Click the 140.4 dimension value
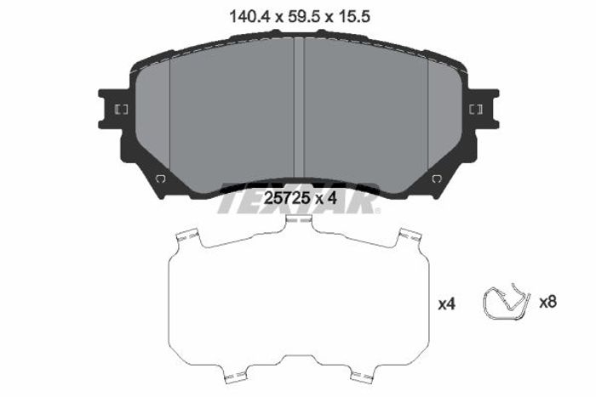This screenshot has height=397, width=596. (x=249, y=17)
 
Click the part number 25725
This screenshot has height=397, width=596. (x=287, y=198)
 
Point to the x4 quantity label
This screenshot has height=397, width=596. (x=447, y=303)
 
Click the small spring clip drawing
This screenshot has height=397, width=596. (x=506, y=302)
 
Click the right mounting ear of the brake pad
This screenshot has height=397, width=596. (x=483, y=110)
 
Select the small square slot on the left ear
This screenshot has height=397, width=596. (x=121, y=110)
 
